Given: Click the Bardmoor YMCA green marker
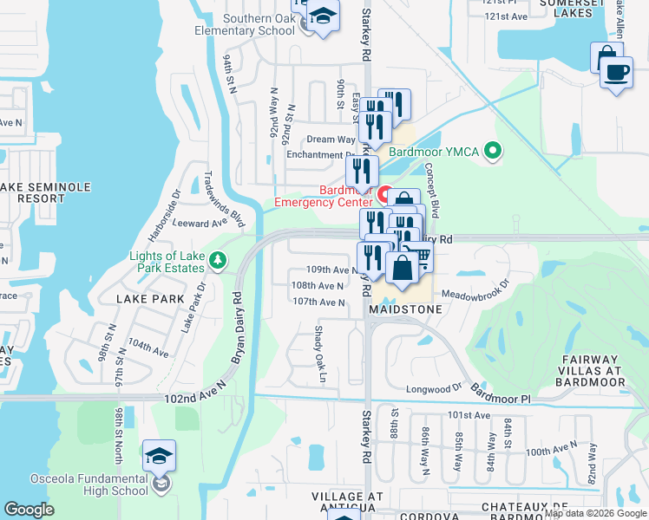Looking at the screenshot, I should tap(494, 152).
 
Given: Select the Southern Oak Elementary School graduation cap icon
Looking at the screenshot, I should tap(323, 16).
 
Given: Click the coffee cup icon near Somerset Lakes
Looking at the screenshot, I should tap(616, 72).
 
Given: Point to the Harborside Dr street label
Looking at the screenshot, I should tap(163, 216).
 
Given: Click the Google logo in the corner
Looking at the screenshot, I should tap(29, 510).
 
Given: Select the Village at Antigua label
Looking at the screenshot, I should tap(347, 502).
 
